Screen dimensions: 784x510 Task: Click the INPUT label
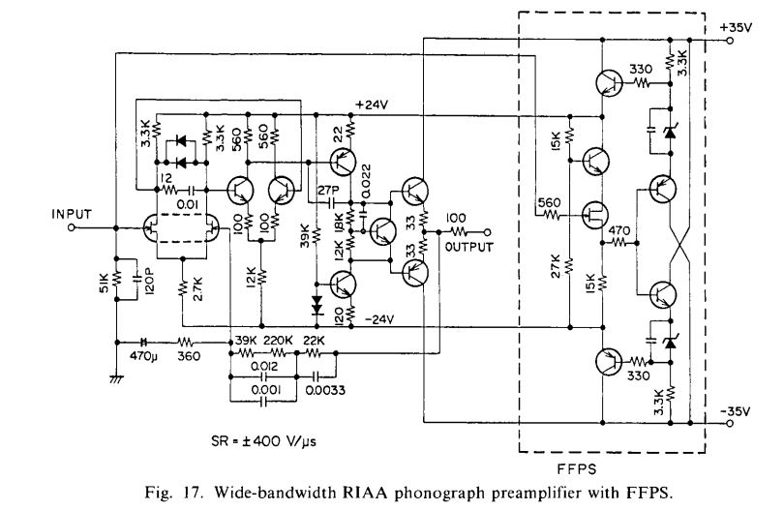[x=72, y=215]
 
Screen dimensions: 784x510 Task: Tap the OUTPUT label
[x=469, y=247]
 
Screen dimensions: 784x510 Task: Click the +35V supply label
[x=736, y=27]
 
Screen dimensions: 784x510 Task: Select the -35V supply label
[x=735, y=411]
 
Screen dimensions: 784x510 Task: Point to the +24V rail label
[x=372, y=105]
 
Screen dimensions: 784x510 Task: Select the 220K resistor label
[x=278, y=341]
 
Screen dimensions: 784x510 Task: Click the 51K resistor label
[x=105, y=284]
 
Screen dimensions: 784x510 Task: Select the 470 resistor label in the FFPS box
[x=619, y=231]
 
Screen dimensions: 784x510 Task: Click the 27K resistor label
[x=556, y=266]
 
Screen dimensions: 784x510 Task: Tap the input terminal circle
[x=72, y=228]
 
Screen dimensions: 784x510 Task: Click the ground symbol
[x=116, y=379]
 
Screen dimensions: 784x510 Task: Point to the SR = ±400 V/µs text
[x=263, y=441]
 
